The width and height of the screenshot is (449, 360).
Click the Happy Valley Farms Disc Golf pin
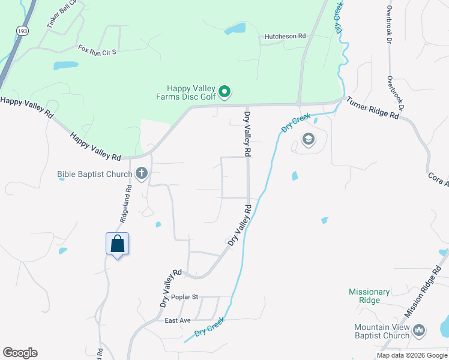(224, 92)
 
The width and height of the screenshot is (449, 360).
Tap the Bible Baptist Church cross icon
(142, 175)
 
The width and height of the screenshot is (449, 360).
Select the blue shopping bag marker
(118, 244)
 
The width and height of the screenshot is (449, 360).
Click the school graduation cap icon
(309, 140)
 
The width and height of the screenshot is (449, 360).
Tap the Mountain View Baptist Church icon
(419, 329)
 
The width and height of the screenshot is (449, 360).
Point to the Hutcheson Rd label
(286, 37)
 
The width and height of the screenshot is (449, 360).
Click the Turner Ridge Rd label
(373, 109)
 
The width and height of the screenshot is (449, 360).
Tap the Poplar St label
(184, 297)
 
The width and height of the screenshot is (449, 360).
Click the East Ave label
(178, 320)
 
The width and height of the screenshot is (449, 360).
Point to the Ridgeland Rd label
(125, 204)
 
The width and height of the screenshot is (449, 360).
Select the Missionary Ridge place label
(369, 296)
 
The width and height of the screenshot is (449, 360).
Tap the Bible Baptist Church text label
(94, 175)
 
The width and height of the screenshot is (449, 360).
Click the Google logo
(20, 353)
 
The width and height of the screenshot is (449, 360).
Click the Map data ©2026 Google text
(412, 355)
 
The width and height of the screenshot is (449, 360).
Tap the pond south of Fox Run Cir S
(65, 65)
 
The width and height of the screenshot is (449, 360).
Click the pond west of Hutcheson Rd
(236, 28)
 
